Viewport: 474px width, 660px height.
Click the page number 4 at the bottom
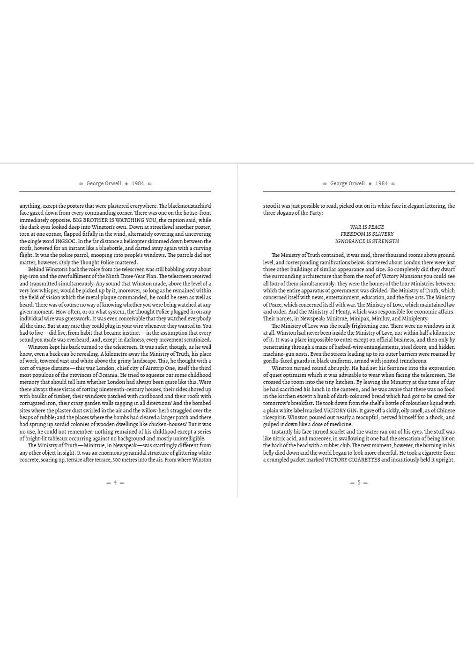[x=115, y=482]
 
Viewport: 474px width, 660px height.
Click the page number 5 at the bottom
[x=359, y=482]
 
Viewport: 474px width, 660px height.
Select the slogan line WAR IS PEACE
[x=367, y=227]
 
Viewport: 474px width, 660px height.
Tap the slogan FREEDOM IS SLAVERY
[x=367, y=234]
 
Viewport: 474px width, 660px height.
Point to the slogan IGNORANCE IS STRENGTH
[x=367, y=241]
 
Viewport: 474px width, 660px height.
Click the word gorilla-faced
[x=278, y=361]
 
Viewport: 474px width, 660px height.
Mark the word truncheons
[x=412, y=361]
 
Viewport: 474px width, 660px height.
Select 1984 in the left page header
[x=138, y=183]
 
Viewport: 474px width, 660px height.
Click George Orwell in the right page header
[x=347, y=183]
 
